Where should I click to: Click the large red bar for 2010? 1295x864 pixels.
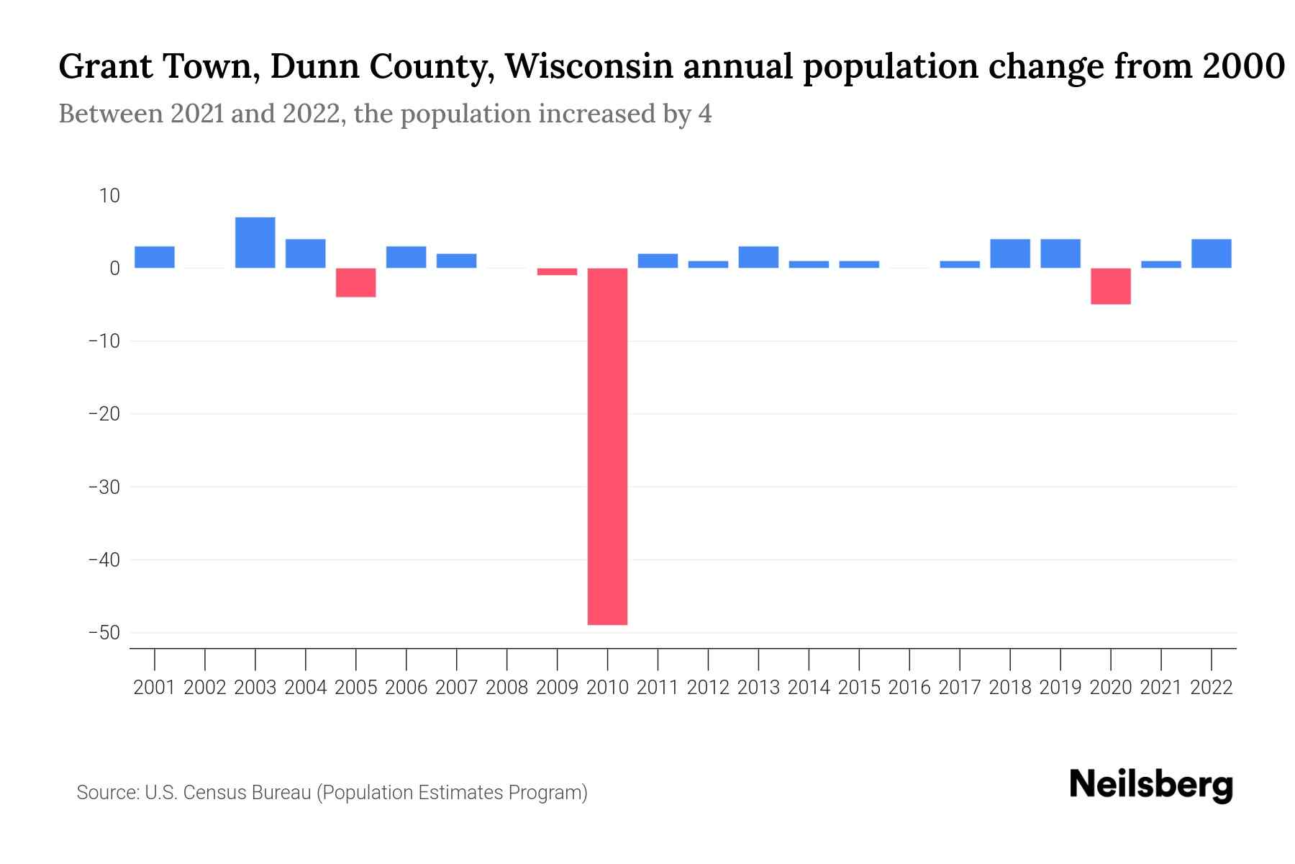607,446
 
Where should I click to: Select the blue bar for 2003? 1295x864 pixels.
255,243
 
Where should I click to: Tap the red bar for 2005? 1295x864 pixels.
356,282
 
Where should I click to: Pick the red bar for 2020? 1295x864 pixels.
1110,286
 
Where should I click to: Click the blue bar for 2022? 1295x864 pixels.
1211,253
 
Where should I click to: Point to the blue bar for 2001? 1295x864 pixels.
155,257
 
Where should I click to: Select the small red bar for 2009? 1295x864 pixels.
557,271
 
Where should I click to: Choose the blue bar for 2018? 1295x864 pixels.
1009,253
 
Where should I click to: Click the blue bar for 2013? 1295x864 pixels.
758,257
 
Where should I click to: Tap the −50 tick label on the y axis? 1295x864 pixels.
104,633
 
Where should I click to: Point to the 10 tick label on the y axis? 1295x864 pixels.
109,196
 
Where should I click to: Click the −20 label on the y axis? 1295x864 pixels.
104,414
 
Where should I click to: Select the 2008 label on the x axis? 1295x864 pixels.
506,688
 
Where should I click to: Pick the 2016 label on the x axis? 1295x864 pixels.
909,688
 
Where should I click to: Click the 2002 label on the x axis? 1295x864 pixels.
205,688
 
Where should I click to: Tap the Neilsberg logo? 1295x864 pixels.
1151,786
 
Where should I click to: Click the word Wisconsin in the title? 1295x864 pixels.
589,67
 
